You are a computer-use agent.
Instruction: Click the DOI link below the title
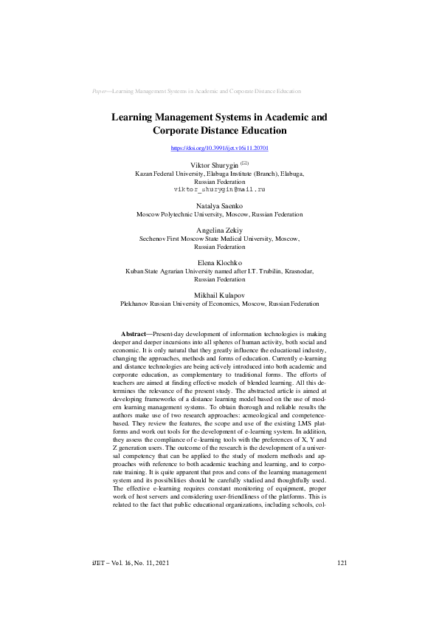click(x=219, y=148)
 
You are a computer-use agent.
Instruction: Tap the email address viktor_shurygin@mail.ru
click(x=219, y=189)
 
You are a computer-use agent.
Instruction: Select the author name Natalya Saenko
click(x=219, y=205)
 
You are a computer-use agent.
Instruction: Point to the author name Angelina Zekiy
click(x=219, y=230)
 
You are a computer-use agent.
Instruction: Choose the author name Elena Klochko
click(x=219, y=263)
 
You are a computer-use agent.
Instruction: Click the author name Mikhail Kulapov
click(x=219, y=295)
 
